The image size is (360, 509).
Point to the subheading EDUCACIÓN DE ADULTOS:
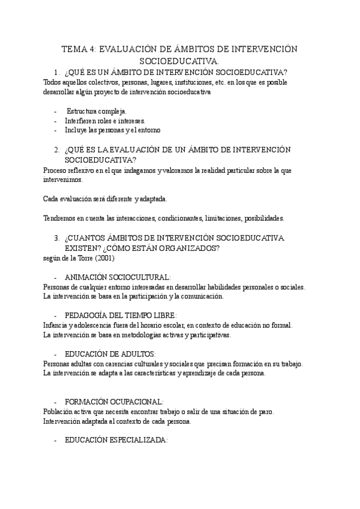click(110, 354)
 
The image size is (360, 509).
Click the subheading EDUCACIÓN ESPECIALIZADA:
click(116, 440)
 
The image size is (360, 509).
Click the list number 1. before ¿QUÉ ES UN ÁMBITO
click(57, 72)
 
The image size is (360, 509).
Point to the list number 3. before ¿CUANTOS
click(57, 238)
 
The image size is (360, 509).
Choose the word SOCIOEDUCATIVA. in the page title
click(179, 61)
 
